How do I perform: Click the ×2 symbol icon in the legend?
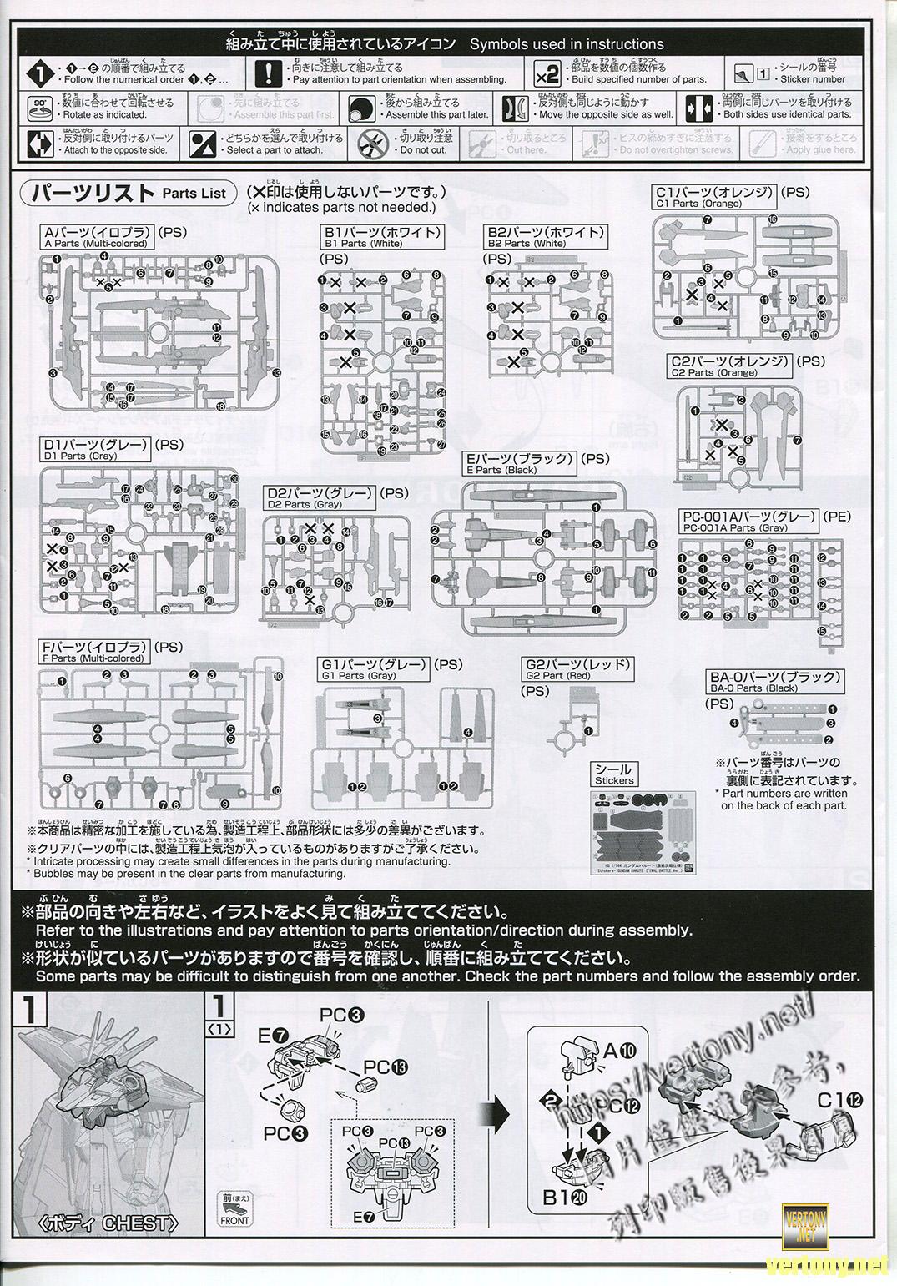tap(547, 74)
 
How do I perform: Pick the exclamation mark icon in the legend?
tap(268, 73)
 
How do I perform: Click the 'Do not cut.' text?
tap(424, 150)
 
